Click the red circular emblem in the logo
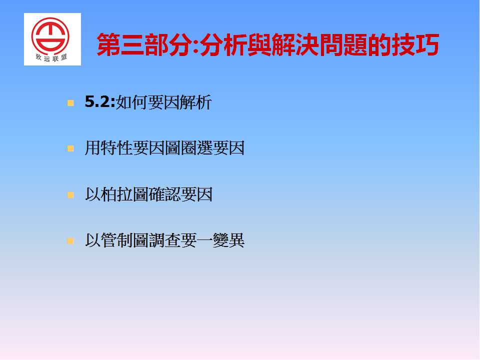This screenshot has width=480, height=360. (50, 36)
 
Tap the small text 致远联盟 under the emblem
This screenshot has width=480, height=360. (51, 57)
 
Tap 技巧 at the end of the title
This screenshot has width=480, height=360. (415, 45)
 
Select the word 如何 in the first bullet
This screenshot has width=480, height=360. (131, 102)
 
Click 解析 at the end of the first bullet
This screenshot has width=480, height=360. (195, 102)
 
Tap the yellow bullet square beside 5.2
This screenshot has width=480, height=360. (70, 103)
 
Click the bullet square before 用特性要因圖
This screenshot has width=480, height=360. (70, 149)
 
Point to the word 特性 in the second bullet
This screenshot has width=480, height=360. (117, 148)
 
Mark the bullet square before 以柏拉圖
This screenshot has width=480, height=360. (70, 195)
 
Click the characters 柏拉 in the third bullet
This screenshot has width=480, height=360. (117, 194)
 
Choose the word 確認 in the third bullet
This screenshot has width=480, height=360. (164, 194)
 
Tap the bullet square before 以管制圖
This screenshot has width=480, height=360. (70, 241)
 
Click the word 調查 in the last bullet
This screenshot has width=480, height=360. (164, 240)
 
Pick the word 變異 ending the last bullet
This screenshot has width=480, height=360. (228, 240)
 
